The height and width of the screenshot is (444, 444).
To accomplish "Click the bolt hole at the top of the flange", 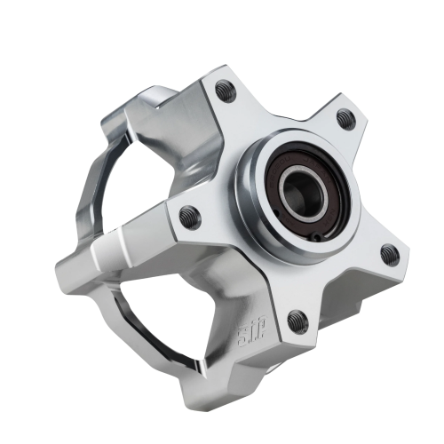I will click(223, 89).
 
